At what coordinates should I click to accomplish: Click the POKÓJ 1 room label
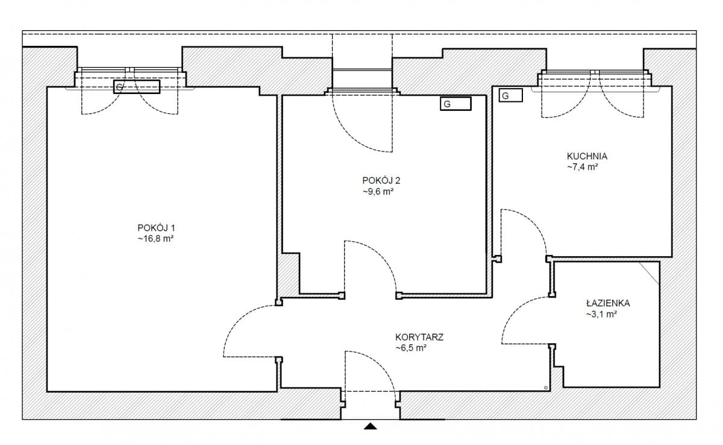point(156,228)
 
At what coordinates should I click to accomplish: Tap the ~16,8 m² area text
point(156,239)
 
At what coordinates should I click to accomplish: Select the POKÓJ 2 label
point(381,180)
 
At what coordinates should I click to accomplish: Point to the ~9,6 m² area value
point(378,192)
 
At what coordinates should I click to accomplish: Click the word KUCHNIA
point(587,156)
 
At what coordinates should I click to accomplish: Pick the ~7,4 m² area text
point(583,167)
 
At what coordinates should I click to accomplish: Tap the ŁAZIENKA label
point(608,303)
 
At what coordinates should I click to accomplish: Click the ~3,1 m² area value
point(602,314)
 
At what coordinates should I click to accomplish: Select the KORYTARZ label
point(419,337)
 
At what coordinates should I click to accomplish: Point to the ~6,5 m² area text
point(411,348)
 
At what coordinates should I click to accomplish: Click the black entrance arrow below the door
point(371,426)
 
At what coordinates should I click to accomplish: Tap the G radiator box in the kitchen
point(511,96)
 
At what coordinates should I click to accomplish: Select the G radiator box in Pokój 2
point(455,104)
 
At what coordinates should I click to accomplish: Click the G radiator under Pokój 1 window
point(137,87)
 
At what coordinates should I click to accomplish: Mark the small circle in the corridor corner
point(546,388)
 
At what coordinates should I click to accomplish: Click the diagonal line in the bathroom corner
point(649,273)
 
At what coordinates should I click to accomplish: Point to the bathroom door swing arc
point(517,311)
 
